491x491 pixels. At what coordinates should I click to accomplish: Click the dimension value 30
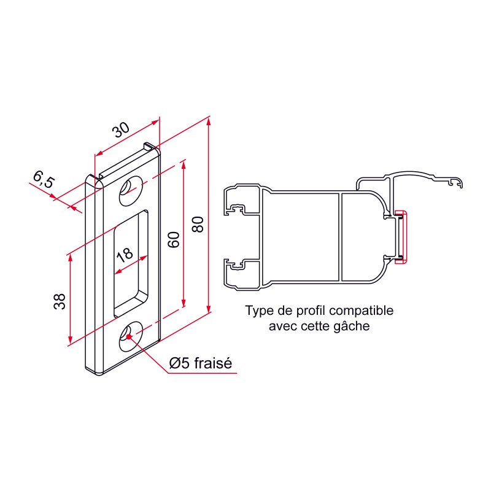click(x=121, y=130)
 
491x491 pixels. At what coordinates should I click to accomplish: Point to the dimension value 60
click(x=173, y=239)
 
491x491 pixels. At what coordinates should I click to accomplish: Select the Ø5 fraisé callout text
click(x=201, y=363)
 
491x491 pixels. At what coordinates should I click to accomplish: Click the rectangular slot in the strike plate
click(x=130, y=264)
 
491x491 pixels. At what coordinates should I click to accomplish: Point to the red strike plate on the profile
click(x=401, y=236)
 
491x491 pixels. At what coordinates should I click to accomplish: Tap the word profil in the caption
click(x=300, y=311)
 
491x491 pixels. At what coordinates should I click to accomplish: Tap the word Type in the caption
click(x=258, y=311)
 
